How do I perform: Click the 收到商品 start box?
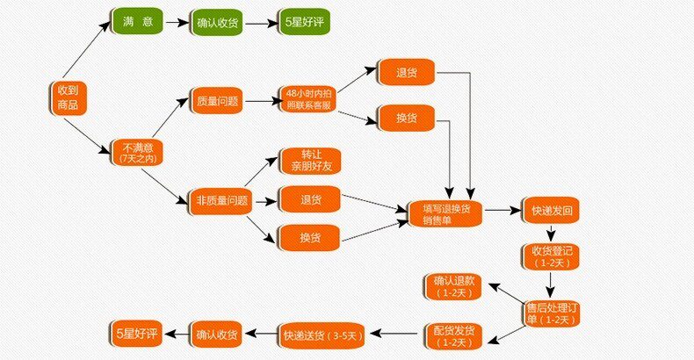point(67,97)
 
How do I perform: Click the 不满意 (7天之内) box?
point(137,151)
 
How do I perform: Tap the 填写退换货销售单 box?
point(446,213)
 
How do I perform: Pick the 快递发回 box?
point(553,212)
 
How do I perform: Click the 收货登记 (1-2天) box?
point(553,256)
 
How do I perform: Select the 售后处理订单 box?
point(550,313)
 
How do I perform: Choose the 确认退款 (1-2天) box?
point(453,284)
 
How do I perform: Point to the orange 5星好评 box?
point(137,333)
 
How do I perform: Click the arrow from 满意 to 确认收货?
point(177,21)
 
